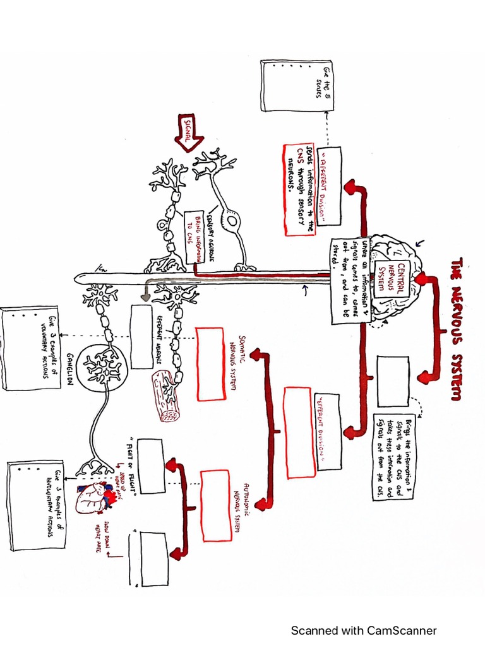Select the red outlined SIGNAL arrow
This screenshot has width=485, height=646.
[188, 134]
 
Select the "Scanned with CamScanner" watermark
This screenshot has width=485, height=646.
[363, 630]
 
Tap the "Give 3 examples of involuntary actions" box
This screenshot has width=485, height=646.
[35, 505]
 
